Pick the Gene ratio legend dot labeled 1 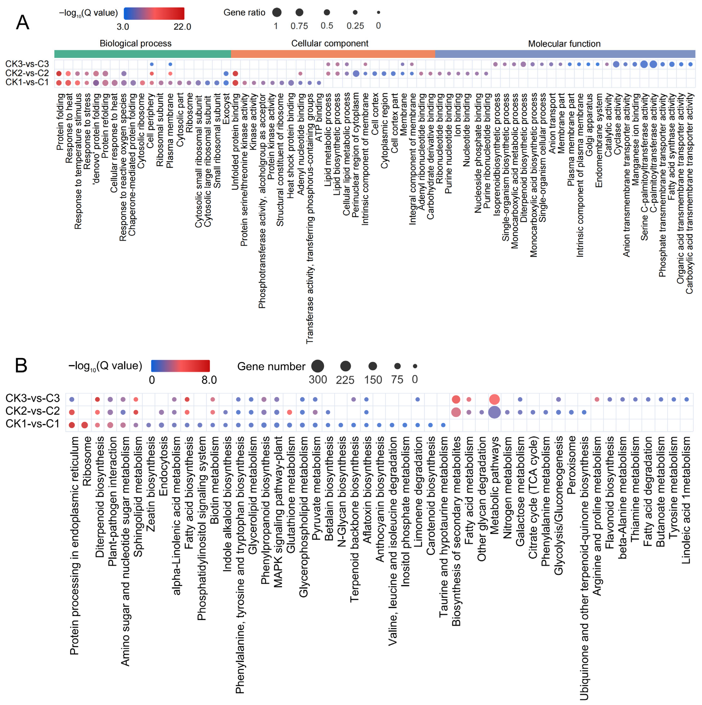coord(277,12)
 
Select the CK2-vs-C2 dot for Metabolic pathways coord(494,412)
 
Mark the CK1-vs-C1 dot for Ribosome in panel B coord(85,425)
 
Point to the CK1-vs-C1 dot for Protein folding coord(59,83)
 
